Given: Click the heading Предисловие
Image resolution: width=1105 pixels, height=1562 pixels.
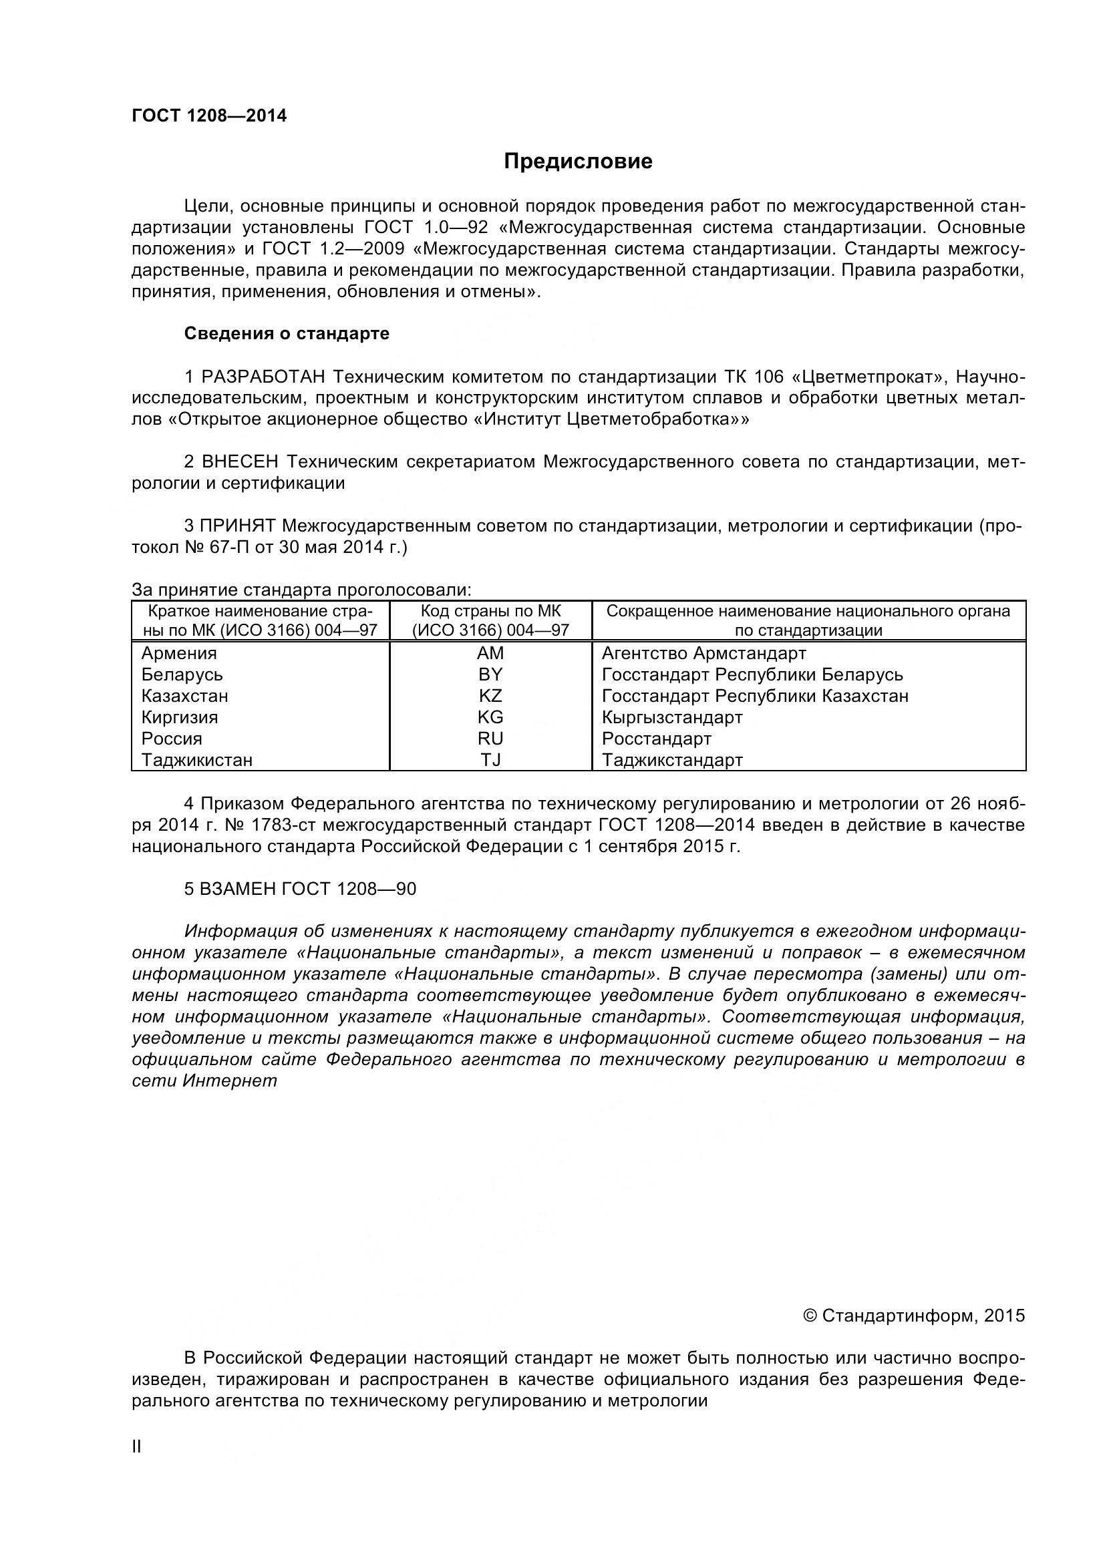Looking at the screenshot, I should point(578,161).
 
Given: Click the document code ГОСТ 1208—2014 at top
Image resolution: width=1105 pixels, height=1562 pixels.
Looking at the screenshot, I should point(209,116).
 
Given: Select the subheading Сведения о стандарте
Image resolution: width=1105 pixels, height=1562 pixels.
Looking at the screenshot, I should point(287,333).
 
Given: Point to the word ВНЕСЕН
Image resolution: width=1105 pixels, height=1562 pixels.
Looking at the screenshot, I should point(241,462).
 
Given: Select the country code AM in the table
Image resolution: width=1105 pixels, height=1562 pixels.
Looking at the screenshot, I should point(490,653).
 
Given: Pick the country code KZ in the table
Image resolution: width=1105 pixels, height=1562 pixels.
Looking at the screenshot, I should point(490,696).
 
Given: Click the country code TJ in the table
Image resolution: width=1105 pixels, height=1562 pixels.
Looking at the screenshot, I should point(490,760).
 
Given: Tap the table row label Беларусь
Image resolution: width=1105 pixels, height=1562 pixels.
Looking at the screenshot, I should point(182,674).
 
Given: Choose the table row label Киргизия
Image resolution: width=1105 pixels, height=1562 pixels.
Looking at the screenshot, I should point(180,717).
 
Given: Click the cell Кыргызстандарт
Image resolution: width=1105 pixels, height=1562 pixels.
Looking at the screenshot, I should point(671,717).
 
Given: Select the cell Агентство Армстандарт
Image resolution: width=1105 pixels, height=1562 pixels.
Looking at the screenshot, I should point(703,653).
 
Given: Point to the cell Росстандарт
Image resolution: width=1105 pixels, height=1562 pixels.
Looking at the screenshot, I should point(656,738).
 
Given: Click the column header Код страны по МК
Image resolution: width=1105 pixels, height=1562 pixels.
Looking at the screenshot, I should point(490,611).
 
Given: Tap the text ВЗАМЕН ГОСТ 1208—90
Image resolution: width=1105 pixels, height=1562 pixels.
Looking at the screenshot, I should point(300,888).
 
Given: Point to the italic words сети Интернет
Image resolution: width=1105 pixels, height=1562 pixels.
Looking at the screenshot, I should point(204,1081).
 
